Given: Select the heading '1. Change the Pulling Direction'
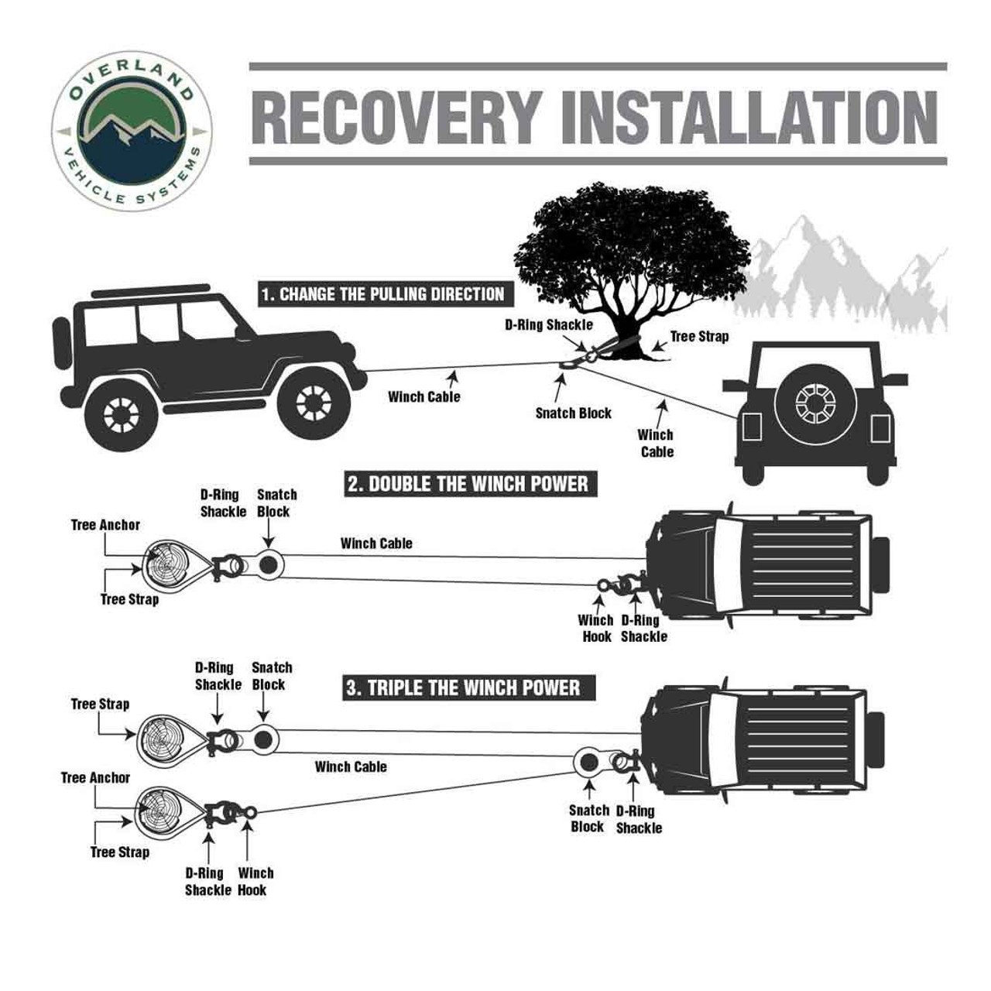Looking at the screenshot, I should tap(382, 294).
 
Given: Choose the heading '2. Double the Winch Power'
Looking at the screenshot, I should tap(468, 485).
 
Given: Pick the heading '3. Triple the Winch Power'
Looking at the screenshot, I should tap(462, 688).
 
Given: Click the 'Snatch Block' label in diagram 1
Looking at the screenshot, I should tap(573, 413).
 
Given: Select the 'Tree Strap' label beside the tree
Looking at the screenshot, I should tap(698, 337).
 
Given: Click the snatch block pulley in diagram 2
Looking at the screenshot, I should tap(269, 564).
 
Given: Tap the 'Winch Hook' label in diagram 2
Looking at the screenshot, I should tap(595, 628).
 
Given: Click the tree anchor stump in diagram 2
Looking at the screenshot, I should tap(164, 564).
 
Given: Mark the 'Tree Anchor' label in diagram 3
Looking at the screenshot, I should tap(95, 777).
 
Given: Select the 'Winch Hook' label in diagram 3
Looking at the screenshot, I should tap(255, 881).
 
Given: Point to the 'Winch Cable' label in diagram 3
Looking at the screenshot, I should tap(351, 766).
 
